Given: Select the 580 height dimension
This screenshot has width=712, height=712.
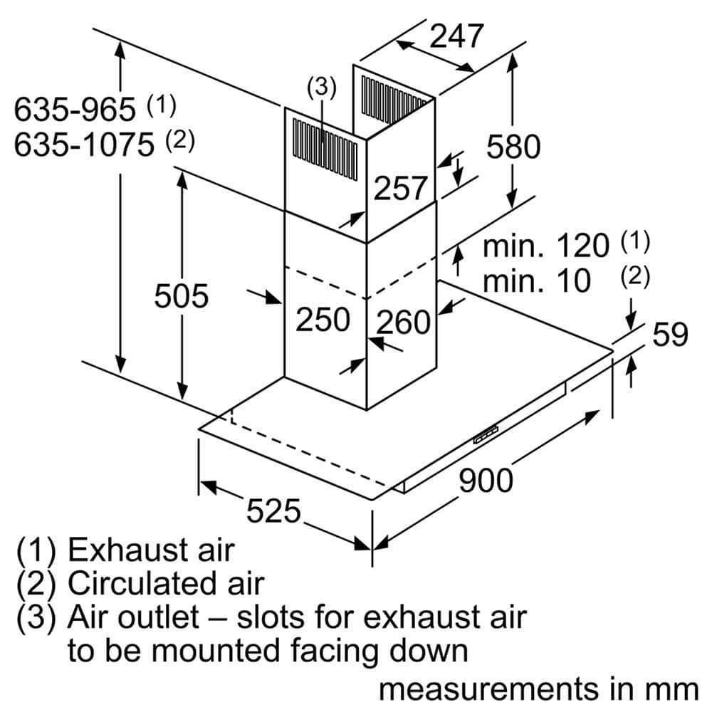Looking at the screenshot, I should (513, 147).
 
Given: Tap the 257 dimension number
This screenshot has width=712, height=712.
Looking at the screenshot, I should (401, 189).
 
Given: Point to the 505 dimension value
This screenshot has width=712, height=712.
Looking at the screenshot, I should (182, 296).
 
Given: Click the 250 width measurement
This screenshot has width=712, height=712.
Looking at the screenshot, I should (323, 320).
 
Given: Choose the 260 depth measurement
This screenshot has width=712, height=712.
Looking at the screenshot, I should (404, 323).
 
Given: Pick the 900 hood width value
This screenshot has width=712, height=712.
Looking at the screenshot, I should (486, 481).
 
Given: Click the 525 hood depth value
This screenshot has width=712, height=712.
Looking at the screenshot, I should (273, 511).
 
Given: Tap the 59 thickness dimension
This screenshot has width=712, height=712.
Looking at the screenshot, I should (670, 334).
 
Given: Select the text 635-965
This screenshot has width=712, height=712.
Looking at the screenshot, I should (75, 110).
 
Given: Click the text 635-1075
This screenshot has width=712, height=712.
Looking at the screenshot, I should (84, 145).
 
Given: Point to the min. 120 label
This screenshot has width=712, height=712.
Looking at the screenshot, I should (546, 246).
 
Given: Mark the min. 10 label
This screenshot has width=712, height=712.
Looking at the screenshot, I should (537, 281).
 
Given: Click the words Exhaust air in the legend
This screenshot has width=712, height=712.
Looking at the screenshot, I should (150, 550).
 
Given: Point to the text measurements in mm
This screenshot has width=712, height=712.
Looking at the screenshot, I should (538, 689).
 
